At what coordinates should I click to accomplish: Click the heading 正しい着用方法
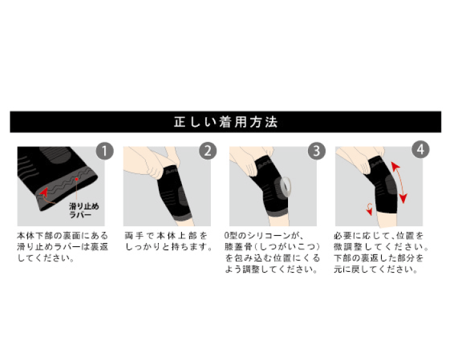(226, 122)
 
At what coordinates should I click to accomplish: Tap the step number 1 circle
(104, 151)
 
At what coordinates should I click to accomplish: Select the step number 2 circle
(208, 151)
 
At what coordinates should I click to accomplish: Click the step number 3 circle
(316, 150)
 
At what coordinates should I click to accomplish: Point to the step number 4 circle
(420, 150)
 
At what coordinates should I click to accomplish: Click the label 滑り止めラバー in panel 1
(84, 210)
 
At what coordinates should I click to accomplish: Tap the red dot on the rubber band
(76, 179)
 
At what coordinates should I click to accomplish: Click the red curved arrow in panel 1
(46, 196)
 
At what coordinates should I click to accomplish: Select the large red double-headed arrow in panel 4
(400, 183)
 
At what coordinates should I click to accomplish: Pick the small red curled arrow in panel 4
(370, 208)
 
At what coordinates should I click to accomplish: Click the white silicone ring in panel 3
(285, 187)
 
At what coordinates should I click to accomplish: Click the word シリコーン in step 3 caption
(269, 236)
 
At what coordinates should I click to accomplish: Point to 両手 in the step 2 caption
(134, 236)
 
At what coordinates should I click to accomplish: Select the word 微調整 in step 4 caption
(346, 247)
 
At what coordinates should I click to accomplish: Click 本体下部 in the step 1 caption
(35, 236)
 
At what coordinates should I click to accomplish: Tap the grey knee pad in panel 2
(183, 197)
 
